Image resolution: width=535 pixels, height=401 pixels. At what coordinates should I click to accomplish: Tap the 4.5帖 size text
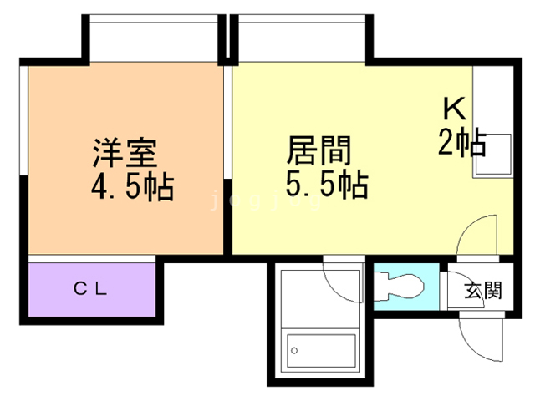coord(132,186)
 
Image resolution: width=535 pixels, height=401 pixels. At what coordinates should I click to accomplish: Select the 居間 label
coord(318,152)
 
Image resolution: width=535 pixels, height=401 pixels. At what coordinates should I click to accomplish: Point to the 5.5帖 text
coord(327,185)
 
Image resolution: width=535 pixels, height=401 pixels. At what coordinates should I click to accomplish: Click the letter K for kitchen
coord(454,109)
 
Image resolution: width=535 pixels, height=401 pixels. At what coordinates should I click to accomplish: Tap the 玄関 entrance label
coord(483,291)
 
